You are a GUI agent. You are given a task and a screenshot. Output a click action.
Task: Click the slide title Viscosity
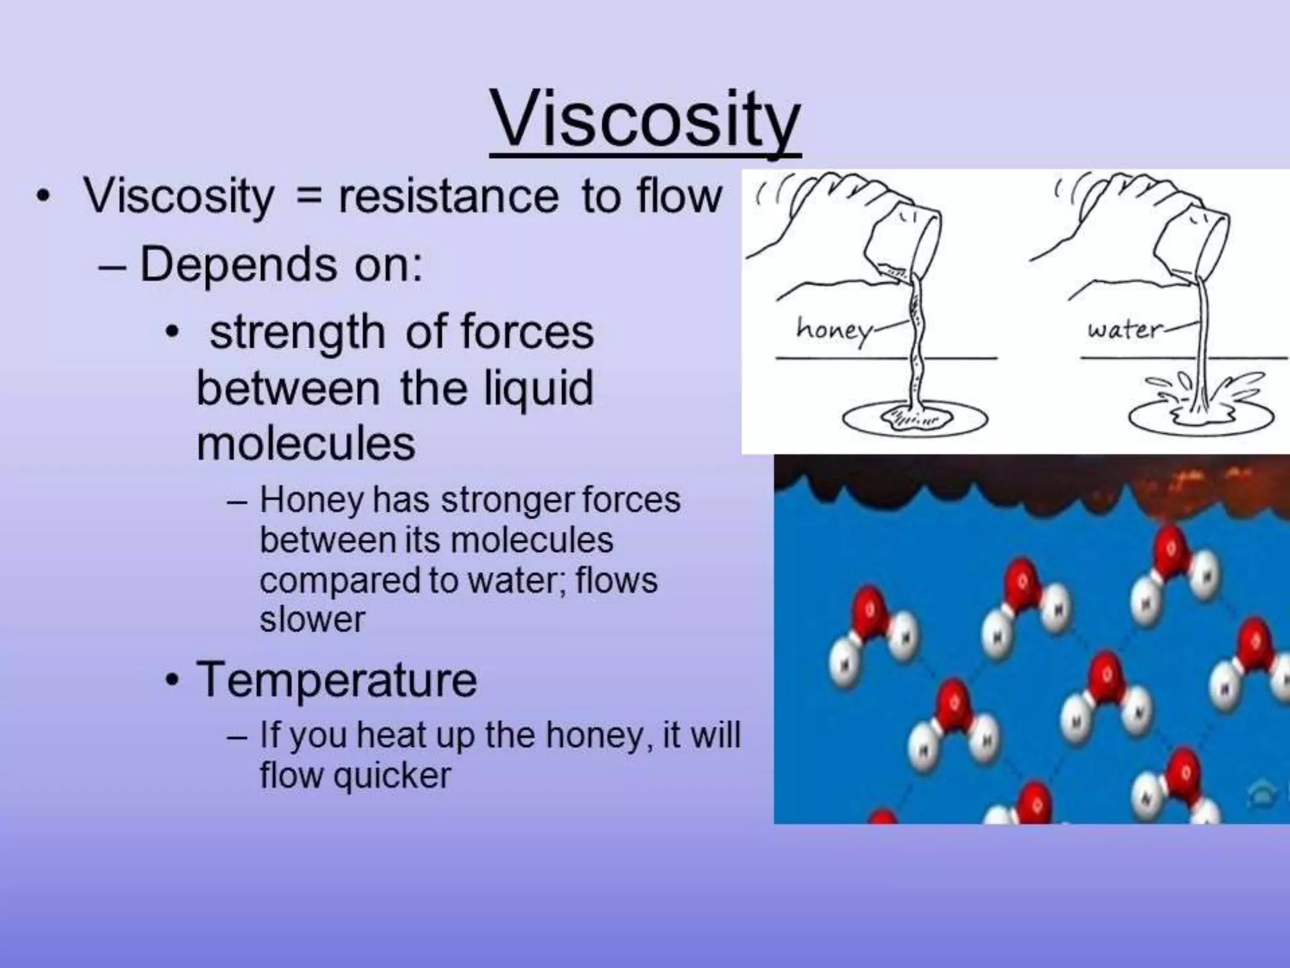pos(645,120)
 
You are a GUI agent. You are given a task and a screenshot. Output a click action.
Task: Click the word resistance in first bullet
pos(448,197)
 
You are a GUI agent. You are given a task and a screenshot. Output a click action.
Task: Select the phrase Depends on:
pos(281,265)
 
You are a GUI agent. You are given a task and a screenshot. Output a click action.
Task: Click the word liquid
pos(538,389)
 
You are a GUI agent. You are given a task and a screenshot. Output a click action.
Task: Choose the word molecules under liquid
pos(306,444)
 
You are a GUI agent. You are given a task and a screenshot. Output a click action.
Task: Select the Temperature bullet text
pos(336,679)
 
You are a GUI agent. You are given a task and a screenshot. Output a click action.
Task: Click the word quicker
pos(392,775)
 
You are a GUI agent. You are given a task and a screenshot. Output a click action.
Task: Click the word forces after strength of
pos(527,333)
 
